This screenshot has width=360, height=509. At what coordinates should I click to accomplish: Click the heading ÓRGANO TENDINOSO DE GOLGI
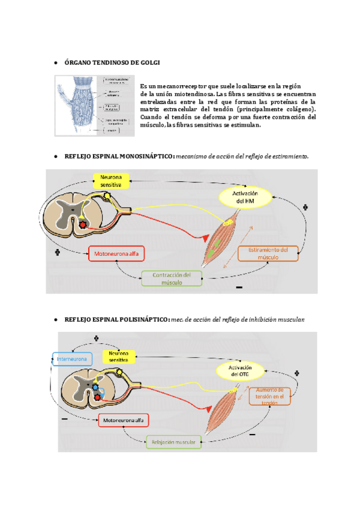[112, 62]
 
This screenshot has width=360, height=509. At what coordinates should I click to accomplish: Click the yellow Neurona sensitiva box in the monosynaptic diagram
[110, 181]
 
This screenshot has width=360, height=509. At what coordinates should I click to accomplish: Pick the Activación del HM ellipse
[245, 197]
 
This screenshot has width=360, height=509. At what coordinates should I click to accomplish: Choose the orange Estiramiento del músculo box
[268, 253]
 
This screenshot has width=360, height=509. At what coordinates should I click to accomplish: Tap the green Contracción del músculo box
[171, 279]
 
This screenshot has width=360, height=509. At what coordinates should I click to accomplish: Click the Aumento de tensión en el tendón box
[274, 396]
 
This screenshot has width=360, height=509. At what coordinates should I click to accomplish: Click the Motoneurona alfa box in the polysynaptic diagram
[123, 420]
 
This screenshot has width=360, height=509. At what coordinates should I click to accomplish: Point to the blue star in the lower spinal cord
[95, 387]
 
